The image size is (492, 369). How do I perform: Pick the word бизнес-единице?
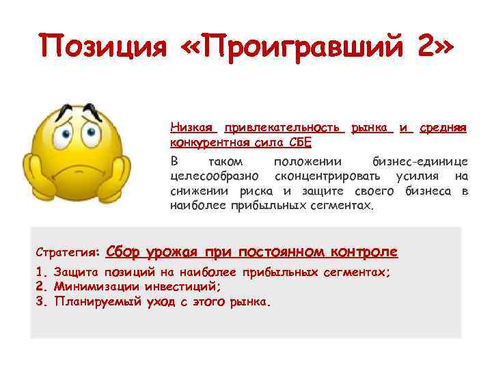coord(420,162)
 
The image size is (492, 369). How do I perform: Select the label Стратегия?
coord(68,252)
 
